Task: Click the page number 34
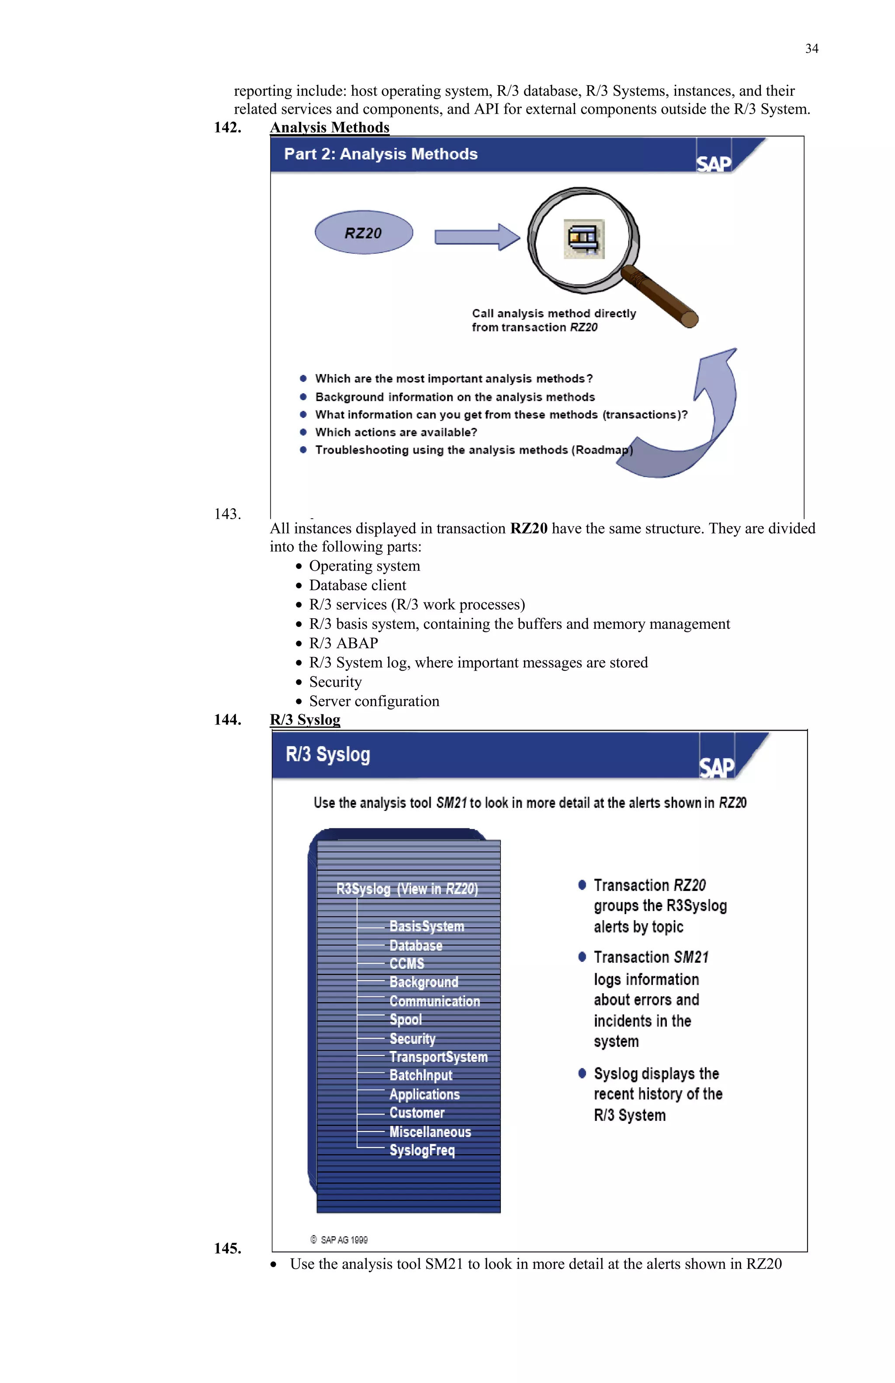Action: [811, 49]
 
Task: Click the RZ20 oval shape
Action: [364, 232]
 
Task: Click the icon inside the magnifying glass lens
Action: [584, 239]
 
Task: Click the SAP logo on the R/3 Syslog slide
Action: [717, 767]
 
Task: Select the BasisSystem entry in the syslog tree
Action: [427, 926]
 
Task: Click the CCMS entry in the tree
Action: [407, 964]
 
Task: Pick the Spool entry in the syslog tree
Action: [406, 1019]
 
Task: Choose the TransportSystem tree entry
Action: [438, 1057]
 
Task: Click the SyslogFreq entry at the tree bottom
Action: [422, 1150]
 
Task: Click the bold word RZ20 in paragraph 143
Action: [528, 528]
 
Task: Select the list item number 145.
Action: [227, 1248]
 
